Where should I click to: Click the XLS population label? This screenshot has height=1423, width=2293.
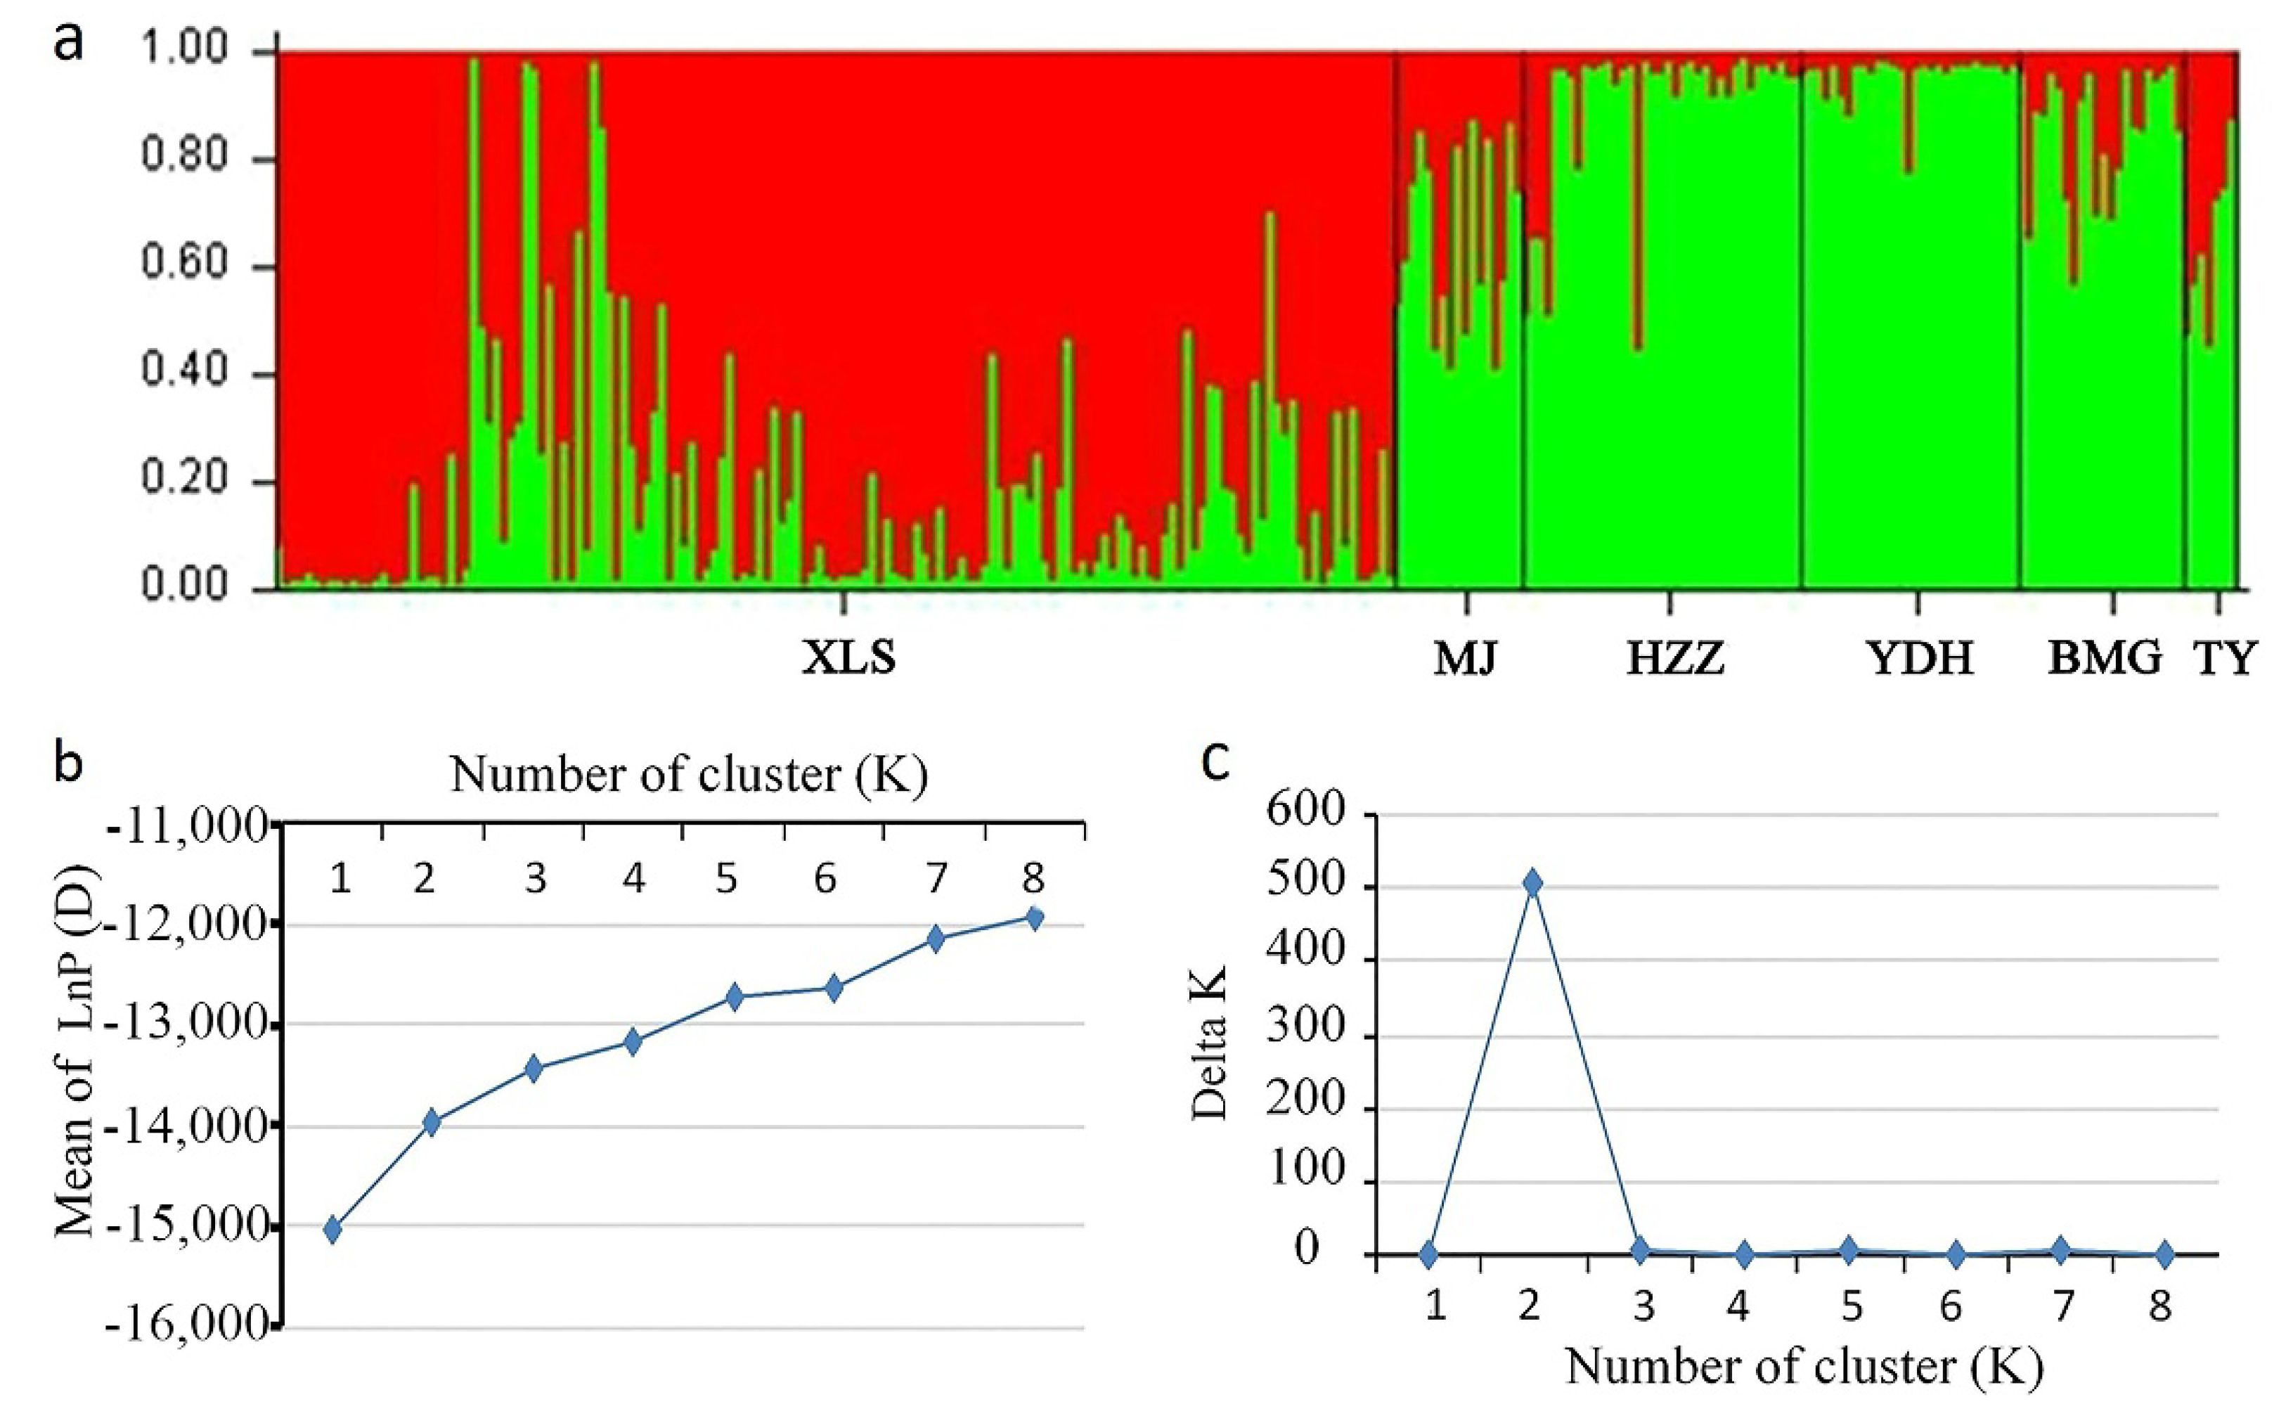point(848,658)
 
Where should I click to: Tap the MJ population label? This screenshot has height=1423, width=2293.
point(1464,658)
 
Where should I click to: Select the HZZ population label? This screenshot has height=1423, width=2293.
point(1675,658)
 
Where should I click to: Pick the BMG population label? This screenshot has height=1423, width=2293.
point(2105,658)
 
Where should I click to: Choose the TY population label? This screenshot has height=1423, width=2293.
point(2224,658)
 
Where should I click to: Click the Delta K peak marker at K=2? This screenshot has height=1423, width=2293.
point(1532,883)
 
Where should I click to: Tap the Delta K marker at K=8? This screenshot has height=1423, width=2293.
point(2164,1254)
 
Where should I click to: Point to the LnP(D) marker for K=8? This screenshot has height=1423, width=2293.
point(1034,917)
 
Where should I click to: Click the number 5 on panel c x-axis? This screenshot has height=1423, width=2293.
point(1851,1306)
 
